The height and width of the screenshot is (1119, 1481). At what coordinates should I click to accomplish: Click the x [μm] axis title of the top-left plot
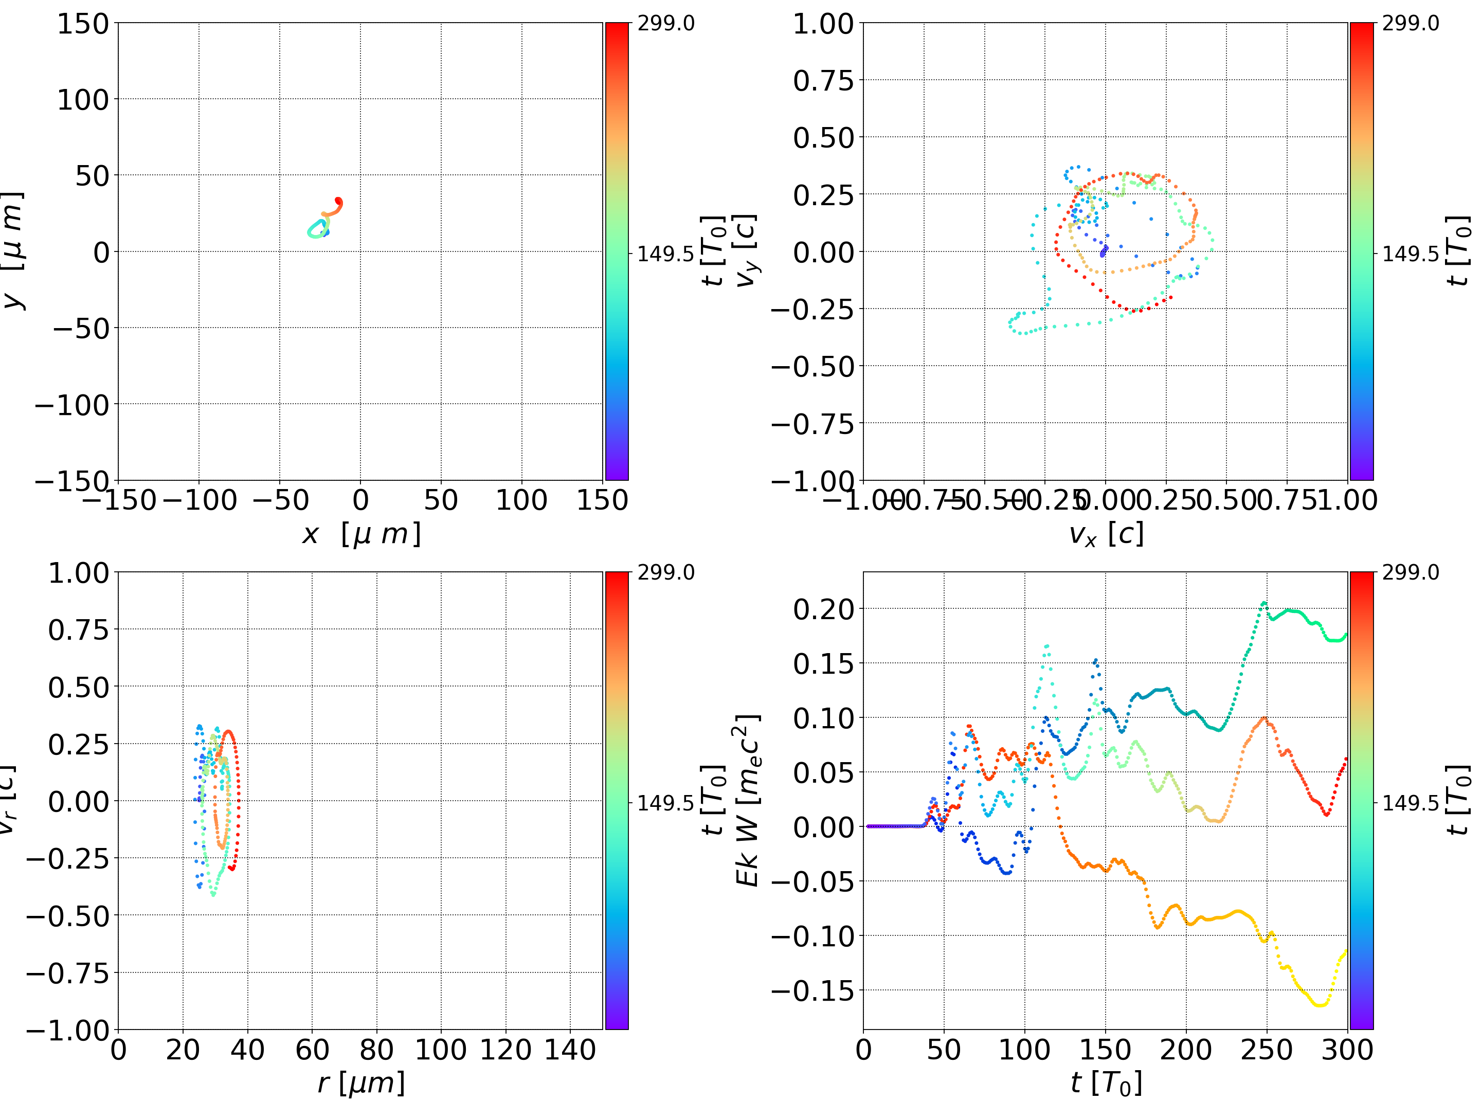(361, 534)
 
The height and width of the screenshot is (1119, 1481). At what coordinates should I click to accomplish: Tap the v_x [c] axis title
(1106, 534)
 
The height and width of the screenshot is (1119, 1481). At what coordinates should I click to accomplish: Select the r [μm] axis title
(361, 1083)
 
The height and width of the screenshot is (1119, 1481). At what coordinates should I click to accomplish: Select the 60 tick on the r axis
(312, 1050)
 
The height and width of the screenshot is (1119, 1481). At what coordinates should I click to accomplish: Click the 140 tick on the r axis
(570, 1050)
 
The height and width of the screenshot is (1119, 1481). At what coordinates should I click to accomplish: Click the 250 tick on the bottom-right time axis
(1267, 1050)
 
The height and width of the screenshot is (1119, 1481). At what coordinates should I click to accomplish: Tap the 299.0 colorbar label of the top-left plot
(665, 24)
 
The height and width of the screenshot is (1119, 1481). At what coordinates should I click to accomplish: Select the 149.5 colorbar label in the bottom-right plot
(1410, 802)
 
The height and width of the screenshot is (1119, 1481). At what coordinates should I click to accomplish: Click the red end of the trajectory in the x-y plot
(339, 201)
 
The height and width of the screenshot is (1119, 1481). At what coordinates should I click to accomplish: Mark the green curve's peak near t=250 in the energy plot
(1264, 603)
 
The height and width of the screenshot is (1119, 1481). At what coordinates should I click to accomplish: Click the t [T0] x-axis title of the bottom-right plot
(1106, 1083)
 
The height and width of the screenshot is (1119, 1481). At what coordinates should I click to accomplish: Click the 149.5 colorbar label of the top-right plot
(1410, 254)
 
